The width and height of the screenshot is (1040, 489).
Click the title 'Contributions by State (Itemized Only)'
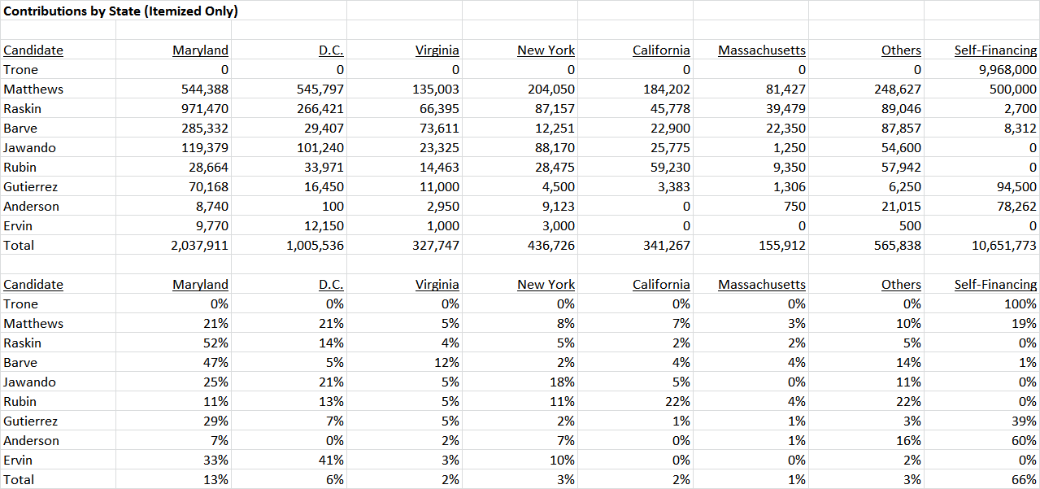tap(120, 11)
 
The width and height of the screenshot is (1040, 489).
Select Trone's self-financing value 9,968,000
tap(1007, 70)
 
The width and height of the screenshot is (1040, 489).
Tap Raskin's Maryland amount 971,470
tap(205, 109)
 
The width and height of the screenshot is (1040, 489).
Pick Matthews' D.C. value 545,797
tap(320, 90)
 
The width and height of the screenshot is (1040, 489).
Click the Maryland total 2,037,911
tap(200, 245)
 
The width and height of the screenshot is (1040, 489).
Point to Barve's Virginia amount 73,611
tap(440, 129)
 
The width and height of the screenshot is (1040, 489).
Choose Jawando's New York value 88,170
tap(555, 147)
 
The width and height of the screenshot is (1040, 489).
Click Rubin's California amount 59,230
tap(670, 167)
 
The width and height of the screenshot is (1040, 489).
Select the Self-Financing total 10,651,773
tap(1004, 245)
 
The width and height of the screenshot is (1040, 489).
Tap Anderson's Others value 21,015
tap(901, 206)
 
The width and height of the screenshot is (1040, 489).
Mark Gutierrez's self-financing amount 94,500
tap(1016, 186)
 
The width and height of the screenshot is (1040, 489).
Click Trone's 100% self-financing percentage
tap(1020, 303)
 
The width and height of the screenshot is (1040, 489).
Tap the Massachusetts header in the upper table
tap(762, 50)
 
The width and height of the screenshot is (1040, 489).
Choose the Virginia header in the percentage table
tap(437, 284)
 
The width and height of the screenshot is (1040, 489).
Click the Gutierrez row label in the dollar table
tap(31, 186)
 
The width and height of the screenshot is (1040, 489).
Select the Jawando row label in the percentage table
tap(30, 382)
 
